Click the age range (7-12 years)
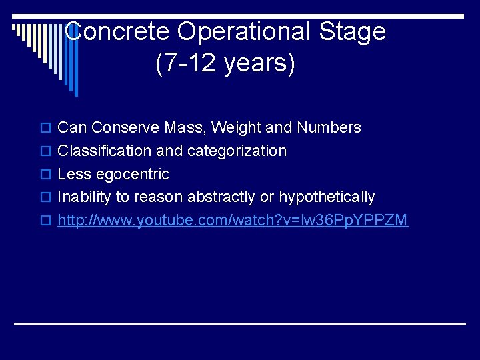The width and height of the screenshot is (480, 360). pos(225,63)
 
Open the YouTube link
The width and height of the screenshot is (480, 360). pos(233,220)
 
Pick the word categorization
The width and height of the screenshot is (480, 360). pos(237,151)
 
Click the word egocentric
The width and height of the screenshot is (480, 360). pos(132,174)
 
